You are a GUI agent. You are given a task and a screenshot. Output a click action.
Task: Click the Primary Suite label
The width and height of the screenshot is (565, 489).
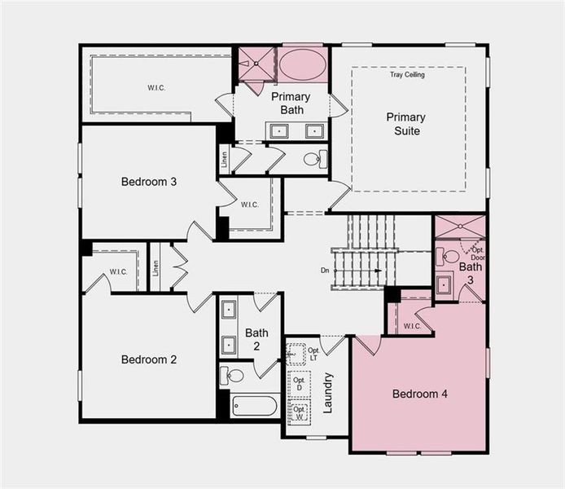click(x=405, y=123)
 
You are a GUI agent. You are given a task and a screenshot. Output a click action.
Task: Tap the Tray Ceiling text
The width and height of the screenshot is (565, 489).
click(x=407, y=75)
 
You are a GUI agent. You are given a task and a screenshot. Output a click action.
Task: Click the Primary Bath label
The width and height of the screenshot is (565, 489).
click(x=290, y=103)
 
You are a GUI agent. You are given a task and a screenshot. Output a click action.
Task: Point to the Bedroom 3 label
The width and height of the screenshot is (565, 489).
click(x=149, y=181)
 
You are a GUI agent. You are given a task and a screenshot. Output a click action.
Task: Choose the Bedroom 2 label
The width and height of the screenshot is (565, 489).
click(x=149, y=359)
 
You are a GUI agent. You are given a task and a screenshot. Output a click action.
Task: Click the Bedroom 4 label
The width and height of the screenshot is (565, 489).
click(x=420, y=394)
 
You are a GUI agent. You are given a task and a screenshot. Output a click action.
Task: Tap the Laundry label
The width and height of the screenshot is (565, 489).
click(x=328, y=392)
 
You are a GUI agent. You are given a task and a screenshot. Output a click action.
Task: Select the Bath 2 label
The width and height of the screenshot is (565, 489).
click(x=256, y=338)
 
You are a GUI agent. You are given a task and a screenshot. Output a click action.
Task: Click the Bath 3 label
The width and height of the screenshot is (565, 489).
click(x=470, y=273)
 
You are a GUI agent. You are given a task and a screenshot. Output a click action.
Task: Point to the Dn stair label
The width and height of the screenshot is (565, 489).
click(x=325, y=270)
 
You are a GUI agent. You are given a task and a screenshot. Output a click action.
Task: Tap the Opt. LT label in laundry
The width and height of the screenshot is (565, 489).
click(x=313, y=355)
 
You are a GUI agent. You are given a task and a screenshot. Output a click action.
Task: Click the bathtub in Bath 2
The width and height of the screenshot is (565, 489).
click(x=254, y=405)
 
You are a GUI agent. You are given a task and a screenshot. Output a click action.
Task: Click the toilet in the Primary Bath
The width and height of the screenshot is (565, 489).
click(x=313, y=159)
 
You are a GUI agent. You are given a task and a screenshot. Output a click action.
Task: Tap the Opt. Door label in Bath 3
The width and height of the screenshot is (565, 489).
click(x=477, y=253)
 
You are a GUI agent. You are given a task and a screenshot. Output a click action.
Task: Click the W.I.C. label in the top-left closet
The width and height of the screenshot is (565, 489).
click(x=156, y=87)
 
